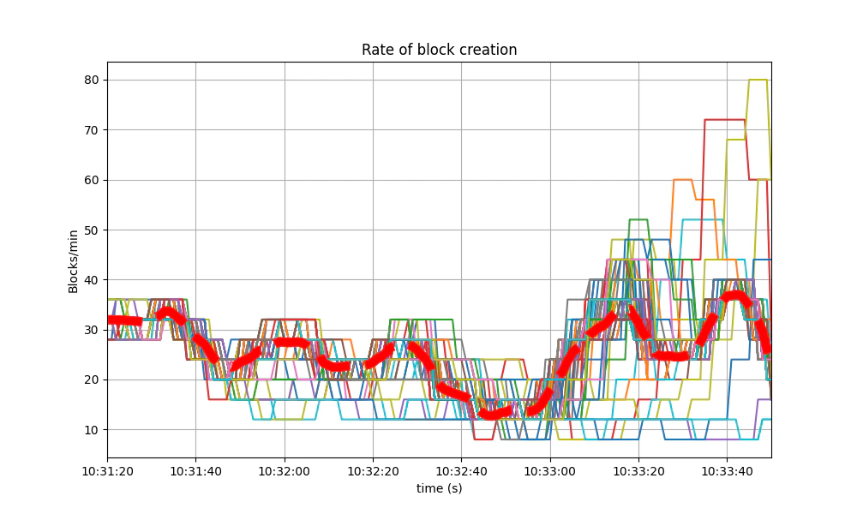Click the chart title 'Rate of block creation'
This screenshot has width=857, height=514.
point(439,50)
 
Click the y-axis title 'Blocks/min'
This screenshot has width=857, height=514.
point(74,260)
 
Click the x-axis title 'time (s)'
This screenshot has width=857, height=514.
point(439,488)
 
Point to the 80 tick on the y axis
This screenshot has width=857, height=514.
point(92,81)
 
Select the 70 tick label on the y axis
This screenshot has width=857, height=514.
point(92,130)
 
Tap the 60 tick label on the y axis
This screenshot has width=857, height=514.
point(92,180)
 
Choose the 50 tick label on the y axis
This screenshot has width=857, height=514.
point(92,230)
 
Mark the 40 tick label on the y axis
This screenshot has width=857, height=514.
point(92,280)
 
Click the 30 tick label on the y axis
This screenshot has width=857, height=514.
point(92,330)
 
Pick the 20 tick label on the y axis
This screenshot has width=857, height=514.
point(92,380)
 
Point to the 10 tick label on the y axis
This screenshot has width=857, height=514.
point(92,429)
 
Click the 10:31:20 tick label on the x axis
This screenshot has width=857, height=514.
point(107,470)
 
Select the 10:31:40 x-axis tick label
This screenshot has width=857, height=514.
point(195,470)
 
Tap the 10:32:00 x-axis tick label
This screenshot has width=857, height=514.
point(285,470)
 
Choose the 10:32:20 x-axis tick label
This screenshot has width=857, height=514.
point(373,470)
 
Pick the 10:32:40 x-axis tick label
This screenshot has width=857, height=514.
point(461,470)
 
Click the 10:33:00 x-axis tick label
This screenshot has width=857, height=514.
point(550,470)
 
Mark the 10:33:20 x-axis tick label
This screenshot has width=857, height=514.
point(638,470)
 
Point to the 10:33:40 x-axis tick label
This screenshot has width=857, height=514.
point(727,470)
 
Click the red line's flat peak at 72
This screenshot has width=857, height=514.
point(725,120)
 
